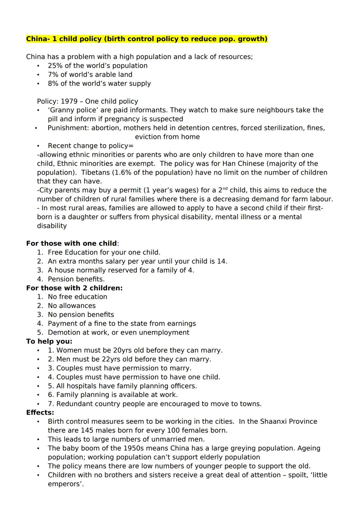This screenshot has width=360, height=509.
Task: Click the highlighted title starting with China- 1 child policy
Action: (x=147, y=39)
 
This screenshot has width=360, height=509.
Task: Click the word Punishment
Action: (x=68, y=128)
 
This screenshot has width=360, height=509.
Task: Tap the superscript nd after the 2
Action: (x=225, y=189)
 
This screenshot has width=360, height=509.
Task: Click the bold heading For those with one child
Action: (x=72, y=244)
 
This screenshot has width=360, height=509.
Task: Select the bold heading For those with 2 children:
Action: (x=74, y=288)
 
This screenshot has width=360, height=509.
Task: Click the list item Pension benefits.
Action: (x=76, y=279)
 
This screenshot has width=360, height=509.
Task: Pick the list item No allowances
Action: (x=72, y=306)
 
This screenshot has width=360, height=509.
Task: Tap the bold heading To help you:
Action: (x=49, y=341)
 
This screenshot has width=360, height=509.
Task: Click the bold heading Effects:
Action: (x=40, y=413)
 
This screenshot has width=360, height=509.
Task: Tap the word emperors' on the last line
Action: (x=65, y=484)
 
